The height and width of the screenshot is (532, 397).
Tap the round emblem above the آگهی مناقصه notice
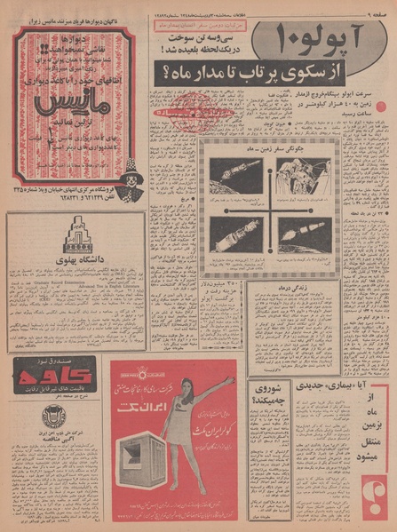tap(52, 415)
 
